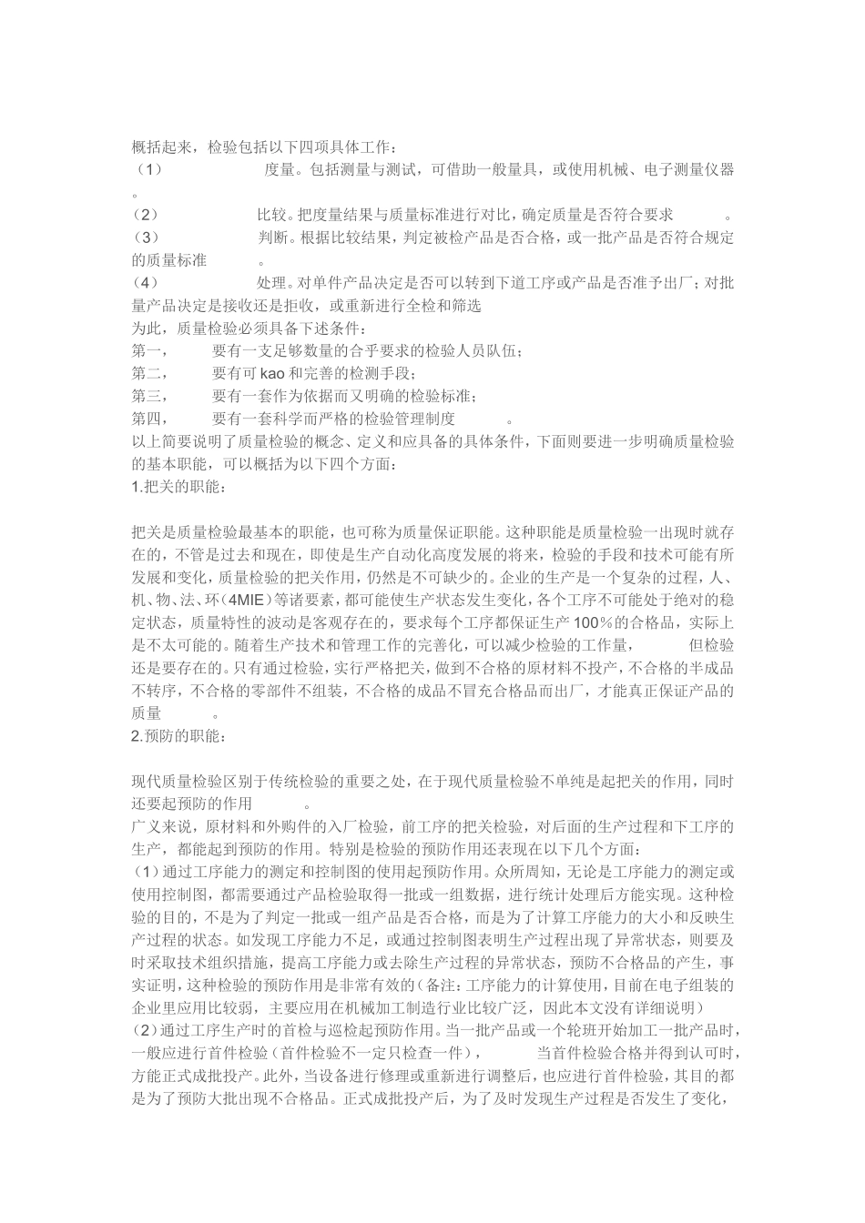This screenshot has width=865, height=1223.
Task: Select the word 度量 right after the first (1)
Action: [x=278, y=170]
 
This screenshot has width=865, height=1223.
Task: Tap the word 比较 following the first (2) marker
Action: [x=270, y=216]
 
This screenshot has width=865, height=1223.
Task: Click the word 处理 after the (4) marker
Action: [x=270, y=283]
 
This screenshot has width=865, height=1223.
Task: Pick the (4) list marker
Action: [x=146, y=283]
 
